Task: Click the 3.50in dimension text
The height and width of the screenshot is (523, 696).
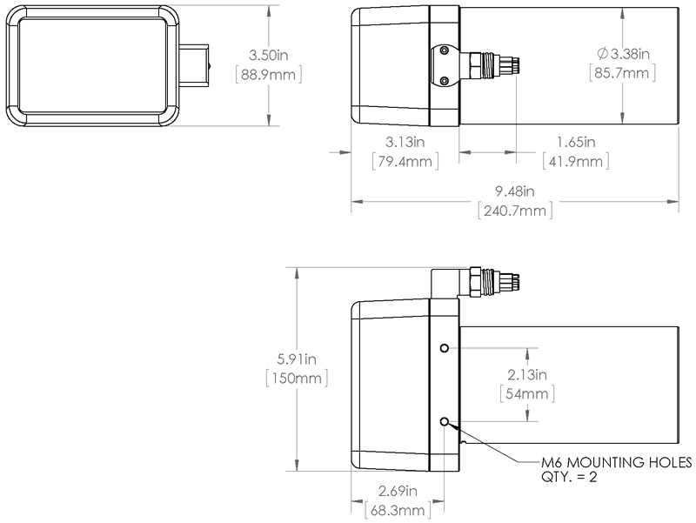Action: point(269,55)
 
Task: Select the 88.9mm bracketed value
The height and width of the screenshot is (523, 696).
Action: point(269,74)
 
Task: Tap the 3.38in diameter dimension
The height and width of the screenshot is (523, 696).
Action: point(623,54)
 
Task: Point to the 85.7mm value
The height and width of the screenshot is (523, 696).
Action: point(622,72)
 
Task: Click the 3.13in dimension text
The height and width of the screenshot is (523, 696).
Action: point(405,142)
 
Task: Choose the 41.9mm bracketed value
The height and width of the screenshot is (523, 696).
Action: point(576,161)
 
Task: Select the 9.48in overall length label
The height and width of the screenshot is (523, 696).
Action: point(515,191)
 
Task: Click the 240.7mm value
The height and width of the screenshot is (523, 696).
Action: point(515,211)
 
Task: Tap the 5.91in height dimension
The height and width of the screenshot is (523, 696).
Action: point(297,359)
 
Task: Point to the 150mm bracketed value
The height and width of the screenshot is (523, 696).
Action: point(297,379)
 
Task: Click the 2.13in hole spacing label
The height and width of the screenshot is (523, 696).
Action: point(527,375)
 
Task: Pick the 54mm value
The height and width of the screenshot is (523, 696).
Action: point(527,394)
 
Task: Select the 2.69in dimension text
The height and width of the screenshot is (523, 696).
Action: point(398,491)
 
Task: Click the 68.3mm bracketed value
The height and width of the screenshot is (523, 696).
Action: point(398,510)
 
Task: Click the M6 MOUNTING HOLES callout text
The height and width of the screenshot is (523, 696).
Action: point(617,462)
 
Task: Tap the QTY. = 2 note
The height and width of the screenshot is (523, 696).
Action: point(569,477)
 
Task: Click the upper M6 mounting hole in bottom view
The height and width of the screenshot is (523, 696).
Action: point(445,347)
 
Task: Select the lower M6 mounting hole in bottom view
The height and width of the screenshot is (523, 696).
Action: point(445,421)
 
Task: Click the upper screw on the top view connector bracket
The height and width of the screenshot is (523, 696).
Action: point(444,51)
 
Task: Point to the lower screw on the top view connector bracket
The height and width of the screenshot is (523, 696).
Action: point(444,80)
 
